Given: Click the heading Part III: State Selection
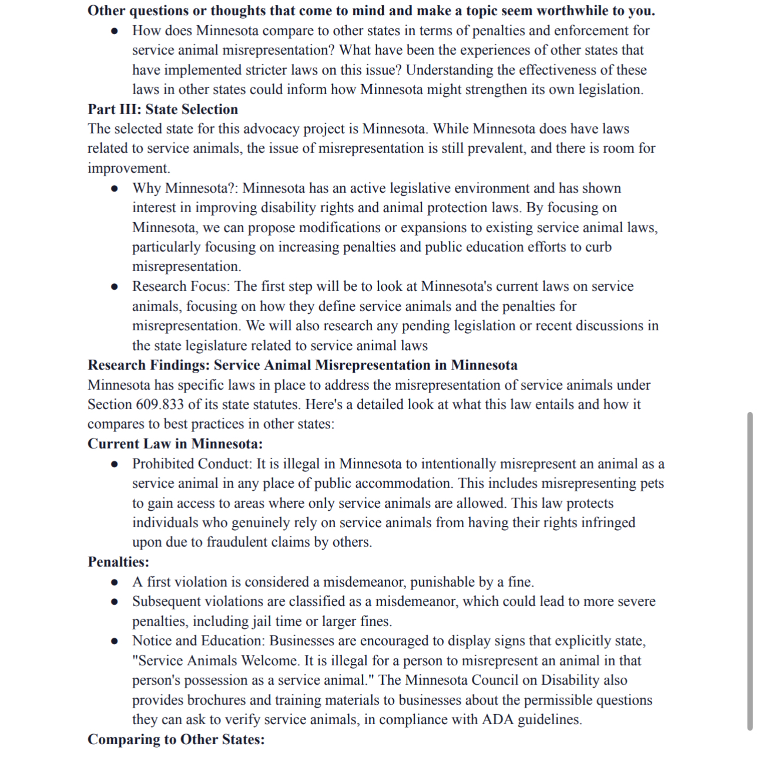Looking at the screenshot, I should coord(163,109).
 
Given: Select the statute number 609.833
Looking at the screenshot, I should coord(160,404).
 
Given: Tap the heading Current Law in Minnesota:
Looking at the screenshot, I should coord(175,444).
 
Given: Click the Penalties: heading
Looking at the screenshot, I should coord(118,562).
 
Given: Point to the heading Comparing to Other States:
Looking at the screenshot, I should coord(176,739).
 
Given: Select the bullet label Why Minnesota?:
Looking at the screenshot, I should coord(185,188).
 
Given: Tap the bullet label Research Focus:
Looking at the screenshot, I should coord(181,286).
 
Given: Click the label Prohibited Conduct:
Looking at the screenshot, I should coord(192,464).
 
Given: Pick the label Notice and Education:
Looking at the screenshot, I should coord(199,641).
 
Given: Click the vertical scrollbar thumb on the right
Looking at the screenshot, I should coord(749,570).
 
